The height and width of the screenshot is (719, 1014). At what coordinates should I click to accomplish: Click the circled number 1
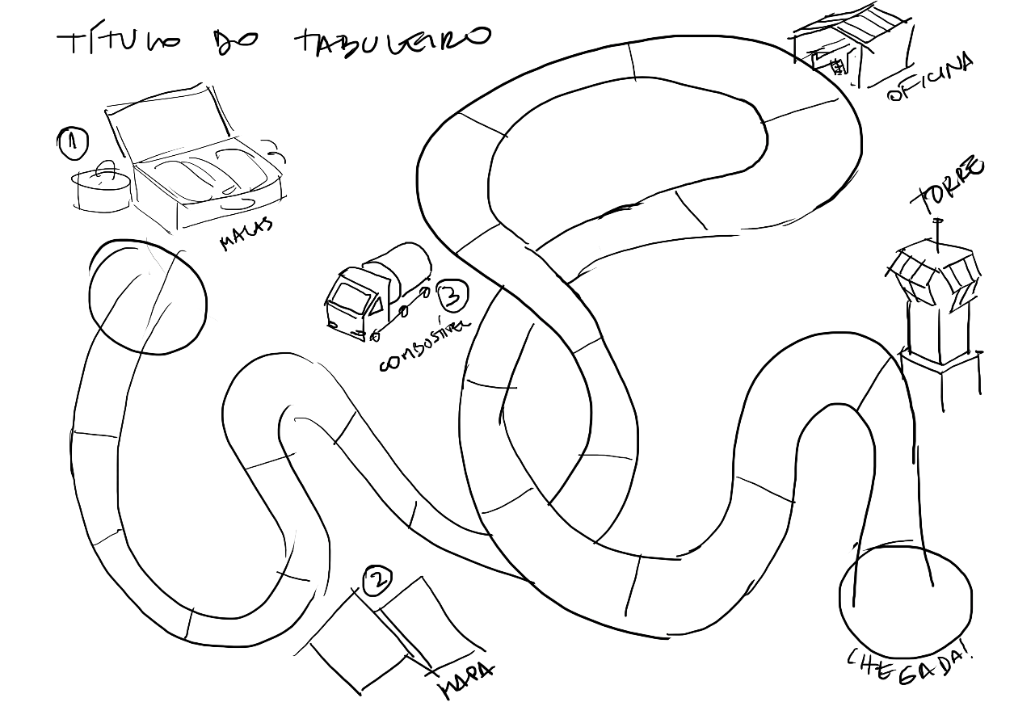pos(72,142)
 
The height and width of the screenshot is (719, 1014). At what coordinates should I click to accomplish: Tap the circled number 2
pos(377,579)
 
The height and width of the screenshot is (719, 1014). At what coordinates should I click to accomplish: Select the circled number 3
pos(452,296)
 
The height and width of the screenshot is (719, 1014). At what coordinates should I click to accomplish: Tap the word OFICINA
pos(930,77)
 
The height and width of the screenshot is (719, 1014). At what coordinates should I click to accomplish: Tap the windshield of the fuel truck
pos(347,296)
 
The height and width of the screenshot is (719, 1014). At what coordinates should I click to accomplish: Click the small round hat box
pos(100,191)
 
